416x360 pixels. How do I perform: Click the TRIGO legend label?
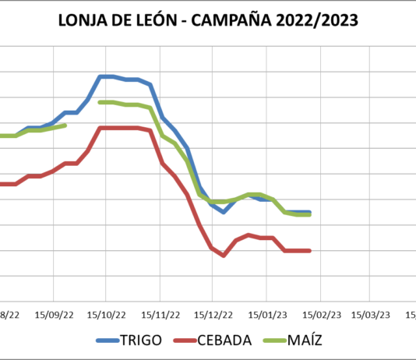click(x=142, y=341)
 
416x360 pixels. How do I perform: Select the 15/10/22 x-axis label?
click(x=106, y=315)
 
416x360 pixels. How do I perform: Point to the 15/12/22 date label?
click(x=213, y=315)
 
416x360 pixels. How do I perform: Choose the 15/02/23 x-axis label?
click(x=320, y=315)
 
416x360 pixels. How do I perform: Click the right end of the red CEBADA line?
click(x=310, y=250)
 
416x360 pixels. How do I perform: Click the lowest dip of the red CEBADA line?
click(x=224, y=256)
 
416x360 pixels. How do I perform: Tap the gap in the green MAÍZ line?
click(x=83, y=114)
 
